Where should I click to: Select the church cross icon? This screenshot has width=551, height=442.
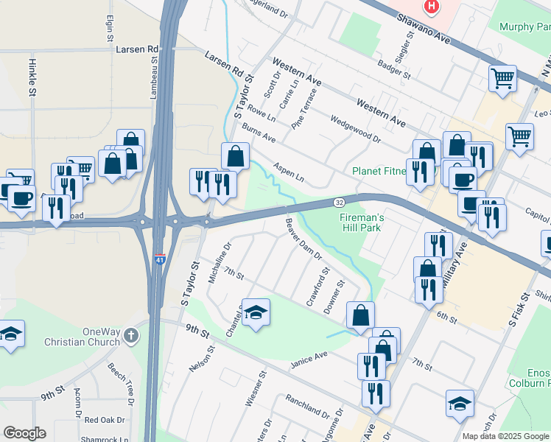tap(131, 336)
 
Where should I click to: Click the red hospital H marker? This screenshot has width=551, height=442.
tap(431, 7)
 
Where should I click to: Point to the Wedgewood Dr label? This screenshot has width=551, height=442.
tap(355, 128)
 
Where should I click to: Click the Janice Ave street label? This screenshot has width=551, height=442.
tap(308, 359)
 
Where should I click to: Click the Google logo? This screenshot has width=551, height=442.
tap(24, 433)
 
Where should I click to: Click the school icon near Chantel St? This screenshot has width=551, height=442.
tap(256, 312)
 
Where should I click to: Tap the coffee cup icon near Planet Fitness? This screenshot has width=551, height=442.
tap(463, 178)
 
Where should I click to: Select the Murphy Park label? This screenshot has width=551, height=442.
tap(524, 27)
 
